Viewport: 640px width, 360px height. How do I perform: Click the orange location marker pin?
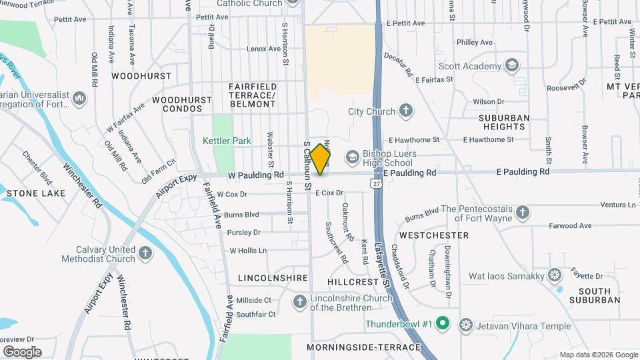pyautogui.click(x=321, y=159)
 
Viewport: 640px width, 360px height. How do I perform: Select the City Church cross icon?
pyautogui.click(x=406, y=111)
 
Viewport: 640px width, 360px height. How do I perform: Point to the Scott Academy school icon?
pyautogui.click(x=511, y=65)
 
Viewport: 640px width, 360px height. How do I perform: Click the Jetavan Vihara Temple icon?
pyautogui.click(x=466, y=325)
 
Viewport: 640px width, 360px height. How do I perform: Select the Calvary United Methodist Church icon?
pyautogui.click(x=145, y=253)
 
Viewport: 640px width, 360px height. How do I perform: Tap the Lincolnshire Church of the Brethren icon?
pyautogui.click(x=300, y=303)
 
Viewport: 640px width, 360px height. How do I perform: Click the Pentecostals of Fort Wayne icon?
pyautogui.click(x=523, y=213)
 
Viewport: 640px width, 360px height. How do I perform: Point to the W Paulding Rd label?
pyautogui.click(x=256, y=175)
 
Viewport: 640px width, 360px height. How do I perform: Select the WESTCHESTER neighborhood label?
pyautogui.click(x=433, y=235)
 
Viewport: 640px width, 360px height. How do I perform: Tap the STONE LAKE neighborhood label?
pyautogui.click(x=36, y=193)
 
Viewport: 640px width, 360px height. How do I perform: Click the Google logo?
pyautogui.click(x=21, y=351)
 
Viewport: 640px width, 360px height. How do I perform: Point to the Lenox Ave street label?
pyautogui.click(x=263, y=49)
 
